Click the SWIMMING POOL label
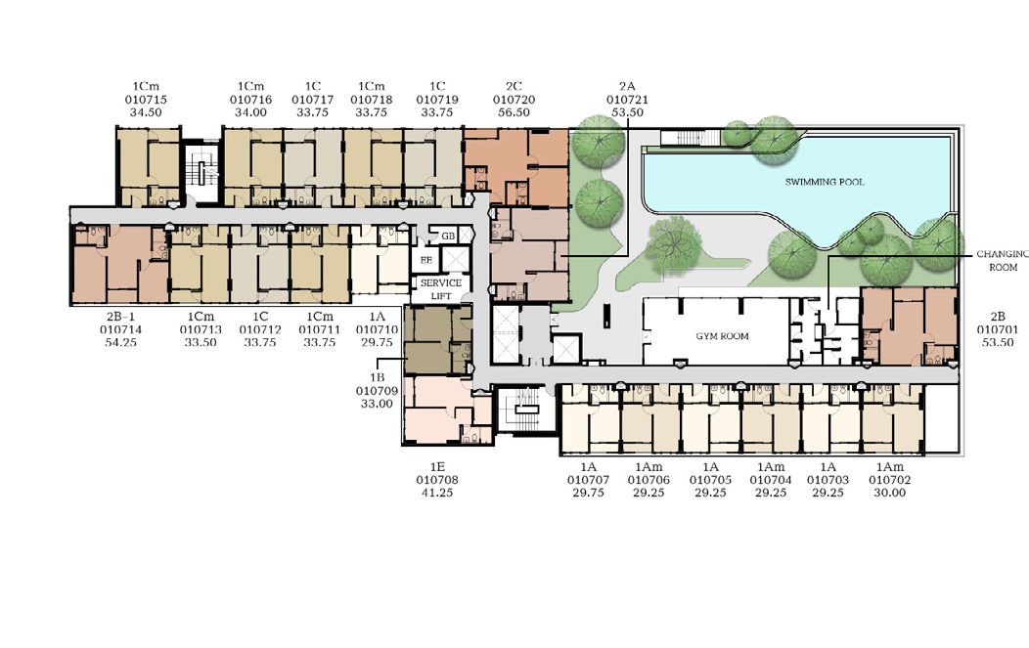tap(825, 182)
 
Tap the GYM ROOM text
tap(722, 336)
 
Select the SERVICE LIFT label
tap(441, 289)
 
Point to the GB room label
tap(448, 237)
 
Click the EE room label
tap(425, 260)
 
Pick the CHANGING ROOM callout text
tap(1002, 260)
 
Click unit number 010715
tap(146, 100)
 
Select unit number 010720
tap(514, 100)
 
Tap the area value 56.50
tap(514, 112)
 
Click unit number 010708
tap(437, 480)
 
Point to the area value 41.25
tap(437, 493)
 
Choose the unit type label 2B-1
tap(120, 317)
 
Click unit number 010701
tap(998, 329)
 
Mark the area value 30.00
tap(890, 493)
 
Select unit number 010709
tap(377, 391)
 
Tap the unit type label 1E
tap(437, 467)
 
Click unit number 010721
tap(627, 100)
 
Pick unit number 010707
tap(588, 480)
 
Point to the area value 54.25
tap(120, 342)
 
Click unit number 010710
tap(377, 329)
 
